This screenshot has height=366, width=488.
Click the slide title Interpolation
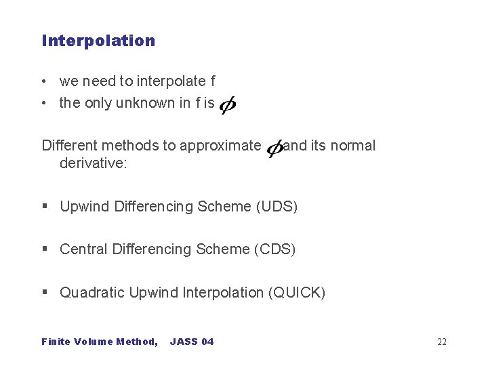(x=98, y=41)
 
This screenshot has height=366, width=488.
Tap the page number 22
(x=442, y=342)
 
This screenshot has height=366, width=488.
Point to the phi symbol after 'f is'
(x=228, y=105)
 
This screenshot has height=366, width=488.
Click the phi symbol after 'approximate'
(x=274, y=148)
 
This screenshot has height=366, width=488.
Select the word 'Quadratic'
(x=91, y=293)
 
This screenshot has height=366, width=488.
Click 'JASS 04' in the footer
(x=192, y=342)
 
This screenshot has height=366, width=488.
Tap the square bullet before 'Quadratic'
(x=45, y=293)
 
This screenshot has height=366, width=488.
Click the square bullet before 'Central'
(x=45, y=249)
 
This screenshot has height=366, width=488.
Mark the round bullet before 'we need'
(x=44, y=82)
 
